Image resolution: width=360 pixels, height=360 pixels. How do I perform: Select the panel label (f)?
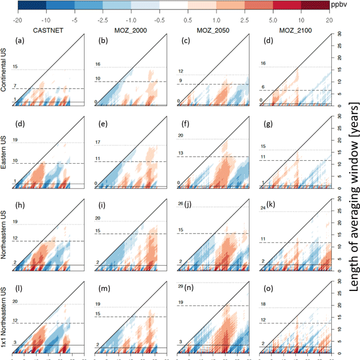[185, 125]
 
